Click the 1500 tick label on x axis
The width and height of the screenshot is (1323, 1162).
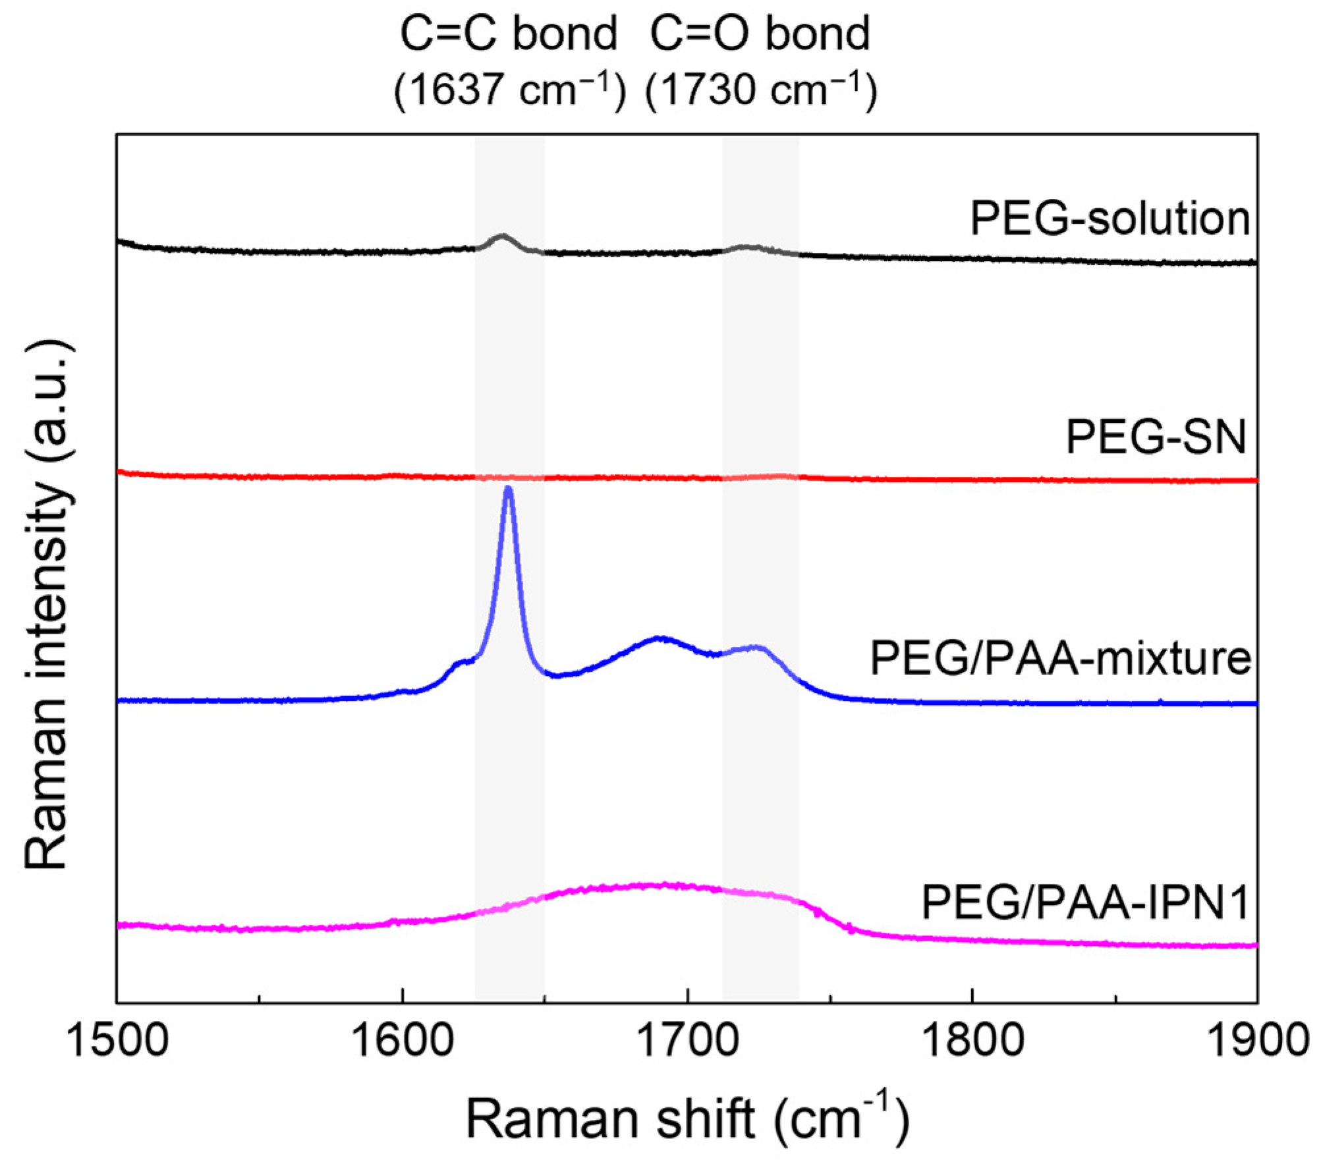click(x=117, y=1041)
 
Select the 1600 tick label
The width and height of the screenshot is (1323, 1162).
click(x=402, y=1041)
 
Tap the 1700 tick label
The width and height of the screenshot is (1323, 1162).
click(x=687, y=1041)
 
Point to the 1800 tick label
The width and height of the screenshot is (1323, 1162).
click(x=972, y=1041)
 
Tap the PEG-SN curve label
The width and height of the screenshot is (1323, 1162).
click(x=1156, y=436)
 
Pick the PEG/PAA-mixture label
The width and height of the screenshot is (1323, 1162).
click(x=1061, y=658)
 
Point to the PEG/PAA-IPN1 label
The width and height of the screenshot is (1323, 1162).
click(x=1085, y=902)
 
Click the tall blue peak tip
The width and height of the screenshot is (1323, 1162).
click(x=508, y=489)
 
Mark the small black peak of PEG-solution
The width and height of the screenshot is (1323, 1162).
click(x=503, y=235)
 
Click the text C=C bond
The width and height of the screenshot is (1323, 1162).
click(x=509, y=34)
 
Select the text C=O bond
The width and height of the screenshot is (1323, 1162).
click(x=760, y=34)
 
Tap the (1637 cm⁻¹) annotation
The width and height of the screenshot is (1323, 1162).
click(x=509, y=90)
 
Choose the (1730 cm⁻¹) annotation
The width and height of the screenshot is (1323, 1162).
click(x=761, y=90)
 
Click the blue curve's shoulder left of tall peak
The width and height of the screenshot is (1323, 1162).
click(x=461, y=662)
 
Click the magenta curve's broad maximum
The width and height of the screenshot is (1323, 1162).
click(x=659, y=885)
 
